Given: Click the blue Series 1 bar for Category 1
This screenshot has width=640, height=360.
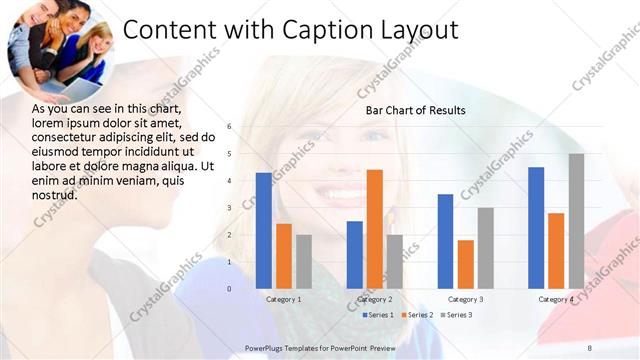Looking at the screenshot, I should (263, 231).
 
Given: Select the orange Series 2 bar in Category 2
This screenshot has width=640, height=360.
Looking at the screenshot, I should (374, 229).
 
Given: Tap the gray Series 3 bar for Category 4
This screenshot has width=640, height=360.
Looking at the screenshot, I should (576, 221).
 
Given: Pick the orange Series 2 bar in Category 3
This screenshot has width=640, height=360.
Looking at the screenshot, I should (465, 264).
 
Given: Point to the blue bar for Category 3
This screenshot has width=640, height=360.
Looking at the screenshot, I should (445, 241).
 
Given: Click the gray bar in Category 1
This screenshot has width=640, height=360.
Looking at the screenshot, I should (304, 261).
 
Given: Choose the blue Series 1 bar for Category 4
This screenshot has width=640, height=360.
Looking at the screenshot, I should (536, 228).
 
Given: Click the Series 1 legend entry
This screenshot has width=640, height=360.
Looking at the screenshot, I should (377, 315).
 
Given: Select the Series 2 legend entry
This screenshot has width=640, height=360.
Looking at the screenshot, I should (417, 315).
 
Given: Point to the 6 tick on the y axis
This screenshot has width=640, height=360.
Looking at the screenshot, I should (229, 127).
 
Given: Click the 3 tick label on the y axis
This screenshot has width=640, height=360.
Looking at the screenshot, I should (229, 208).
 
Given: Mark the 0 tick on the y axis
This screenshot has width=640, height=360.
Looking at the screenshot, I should (229, 289).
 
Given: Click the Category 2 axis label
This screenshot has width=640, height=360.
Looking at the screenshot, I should (374, 299).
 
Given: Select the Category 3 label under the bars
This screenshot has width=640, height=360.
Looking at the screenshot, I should (465, 299).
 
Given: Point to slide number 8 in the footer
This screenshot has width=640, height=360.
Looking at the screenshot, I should (590, 347).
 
